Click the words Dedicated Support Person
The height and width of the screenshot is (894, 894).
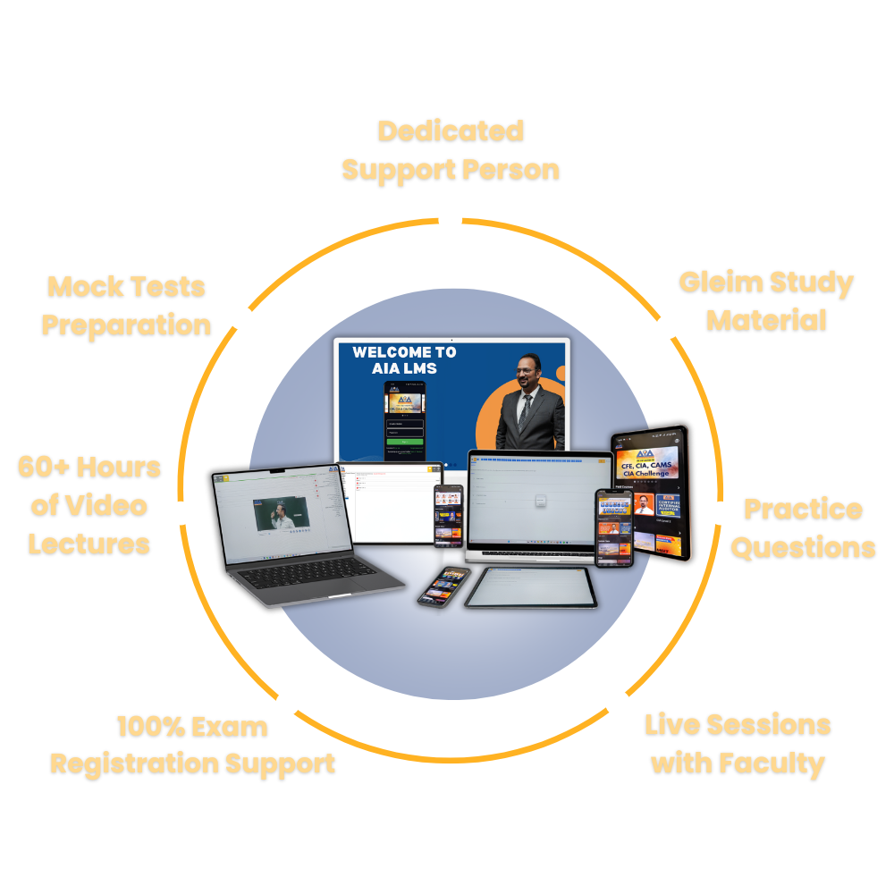point(451,150)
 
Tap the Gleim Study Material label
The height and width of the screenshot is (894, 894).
point(766,301)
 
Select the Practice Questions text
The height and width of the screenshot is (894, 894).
point(803,527)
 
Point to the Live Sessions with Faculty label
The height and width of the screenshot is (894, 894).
point(738,744)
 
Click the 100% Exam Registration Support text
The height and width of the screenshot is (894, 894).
point(193,745)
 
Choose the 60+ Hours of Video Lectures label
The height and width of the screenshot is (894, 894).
point(89,505)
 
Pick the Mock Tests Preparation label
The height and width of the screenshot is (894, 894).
point(126,306)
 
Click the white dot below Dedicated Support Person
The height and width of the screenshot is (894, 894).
point(451,219)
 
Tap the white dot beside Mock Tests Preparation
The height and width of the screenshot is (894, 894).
point(240,318)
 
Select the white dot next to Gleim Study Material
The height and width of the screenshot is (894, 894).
point(668,327)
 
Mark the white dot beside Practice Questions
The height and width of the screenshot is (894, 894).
point(721,512)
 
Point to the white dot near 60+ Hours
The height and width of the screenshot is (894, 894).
point(181,512)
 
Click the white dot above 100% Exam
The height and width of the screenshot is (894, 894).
point(287,704)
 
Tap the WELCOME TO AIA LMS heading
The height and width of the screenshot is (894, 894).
point(404,360)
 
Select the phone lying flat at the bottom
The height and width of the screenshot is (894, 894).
point(443,586)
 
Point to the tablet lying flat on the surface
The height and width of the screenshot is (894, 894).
point(532,587)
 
